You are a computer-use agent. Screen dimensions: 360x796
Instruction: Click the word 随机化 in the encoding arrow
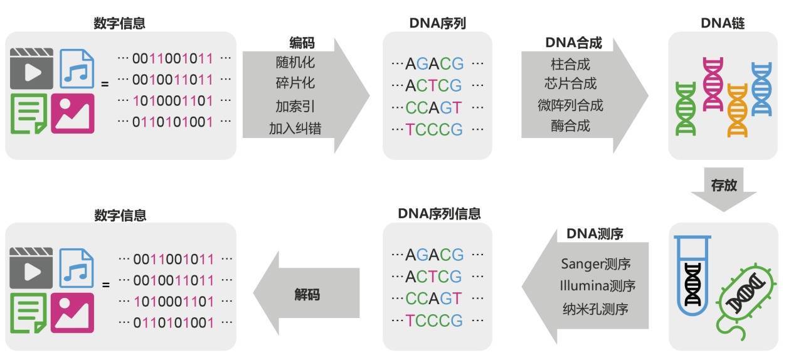[295, 63]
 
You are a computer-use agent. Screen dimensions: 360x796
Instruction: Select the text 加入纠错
[295, 129]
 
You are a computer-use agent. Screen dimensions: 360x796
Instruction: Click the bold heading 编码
[302, 43]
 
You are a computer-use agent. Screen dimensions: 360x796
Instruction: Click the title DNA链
[723, 23]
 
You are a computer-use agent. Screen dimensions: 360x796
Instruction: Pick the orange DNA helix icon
[738, 110]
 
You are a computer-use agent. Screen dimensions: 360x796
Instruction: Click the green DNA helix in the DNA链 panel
[686, 109]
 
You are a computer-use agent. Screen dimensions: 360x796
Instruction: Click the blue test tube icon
[693, 273]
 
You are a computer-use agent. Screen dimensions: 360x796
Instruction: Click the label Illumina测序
[597, 286]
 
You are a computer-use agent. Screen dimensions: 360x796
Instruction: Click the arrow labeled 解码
[307, 294]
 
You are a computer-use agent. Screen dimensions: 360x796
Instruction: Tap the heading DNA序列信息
[439, 213]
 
